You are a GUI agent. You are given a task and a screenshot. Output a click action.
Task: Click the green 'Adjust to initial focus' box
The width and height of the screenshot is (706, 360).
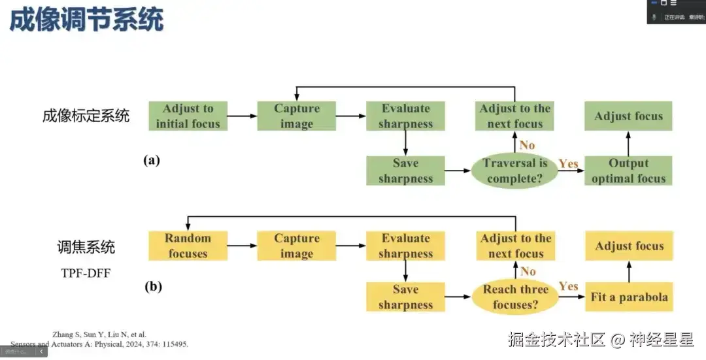tap(188, 116)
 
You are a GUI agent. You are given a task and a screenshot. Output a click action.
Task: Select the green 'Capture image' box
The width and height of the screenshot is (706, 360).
tap(296, 116)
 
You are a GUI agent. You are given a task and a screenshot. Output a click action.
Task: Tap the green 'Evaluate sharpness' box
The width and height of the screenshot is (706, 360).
tap(405, 116)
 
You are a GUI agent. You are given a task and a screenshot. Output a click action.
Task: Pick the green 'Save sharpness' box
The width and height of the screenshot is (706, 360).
tap(405, 171)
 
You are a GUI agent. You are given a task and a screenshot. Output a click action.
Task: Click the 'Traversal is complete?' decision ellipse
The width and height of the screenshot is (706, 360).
tap(515, 171)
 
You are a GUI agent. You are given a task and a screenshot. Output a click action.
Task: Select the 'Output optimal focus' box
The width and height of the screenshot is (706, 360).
tap(628, 171)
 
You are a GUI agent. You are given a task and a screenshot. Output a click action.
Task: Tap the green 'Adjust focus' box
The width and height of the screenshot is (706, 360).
tap(628, 116)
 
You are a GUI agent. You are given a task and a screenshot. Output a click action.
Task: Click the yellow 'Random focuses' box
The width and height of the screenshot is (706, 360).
tap(188, 246)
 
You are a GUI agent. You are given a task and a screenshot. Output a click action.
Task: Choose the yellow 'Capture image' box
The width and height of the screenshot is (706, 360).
tap(296, 246)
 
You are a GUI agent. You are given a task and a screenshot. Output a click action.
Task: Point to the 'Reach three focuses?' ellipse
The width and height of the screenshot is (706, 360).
tap(515, 297)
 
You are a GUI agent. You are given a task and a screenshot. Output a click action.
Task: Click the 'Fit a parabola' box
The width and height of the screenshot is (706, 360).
tap(629, 297)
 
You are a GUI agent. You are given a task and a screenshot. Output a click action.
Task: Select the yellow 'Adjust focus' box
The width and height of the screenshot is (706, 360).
tap(629, 246)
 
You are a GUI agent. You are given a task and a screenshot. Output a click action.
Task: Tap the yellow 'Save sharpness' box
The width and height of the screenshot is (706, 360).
tap(405, 297)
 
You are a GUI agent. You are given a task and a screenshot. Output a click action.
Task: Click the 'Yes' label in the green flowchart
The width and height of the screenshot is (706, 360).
tap(568, 163)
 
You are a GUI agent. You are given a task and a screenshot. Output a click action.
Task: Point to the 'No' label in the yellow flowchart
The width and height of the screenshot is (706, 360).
tap(528, 271)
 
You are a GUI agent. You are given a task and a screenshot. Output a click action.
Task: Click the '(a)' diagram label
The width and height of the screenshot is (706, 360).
tap(152, 160)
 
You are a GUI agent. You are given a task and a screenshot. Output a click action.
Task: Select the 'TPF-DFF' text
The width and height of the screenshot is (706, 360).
tap(86, 273)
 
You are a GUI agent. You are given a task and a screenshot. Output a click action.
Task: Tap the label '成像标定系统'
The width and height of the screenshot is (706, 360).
tap(86, 116)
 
